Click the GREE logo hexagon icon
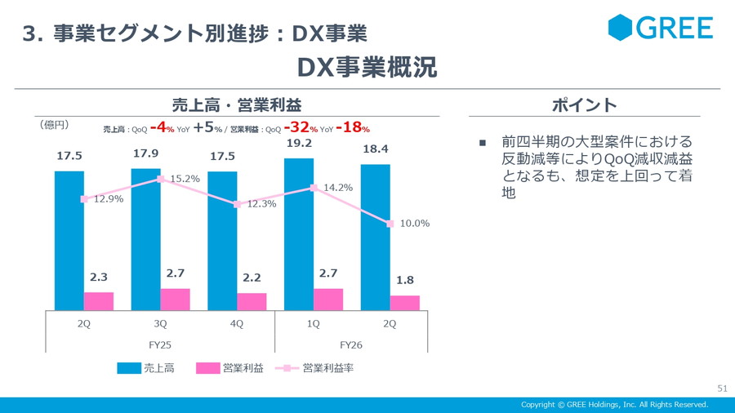tap(621, 28)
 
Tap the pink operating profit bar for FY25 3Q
tap(175, 300)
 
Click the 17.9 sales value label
tap(145, 153)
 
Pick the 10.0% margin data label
tap(414, 223)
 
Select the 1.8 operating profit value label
tap(404, 280)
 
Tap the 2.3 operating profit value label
tap(99, 277)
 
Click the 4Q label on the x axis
tap(237, 323)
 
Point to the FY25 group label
tap(160, 344)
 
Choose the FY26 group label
tap(351, 344)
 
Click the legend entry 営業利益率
tap(327, 368)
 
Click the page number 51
tap(722, 387)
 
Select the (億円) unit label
tap(54, 125)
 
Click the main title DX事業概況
tap(367, 67)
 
